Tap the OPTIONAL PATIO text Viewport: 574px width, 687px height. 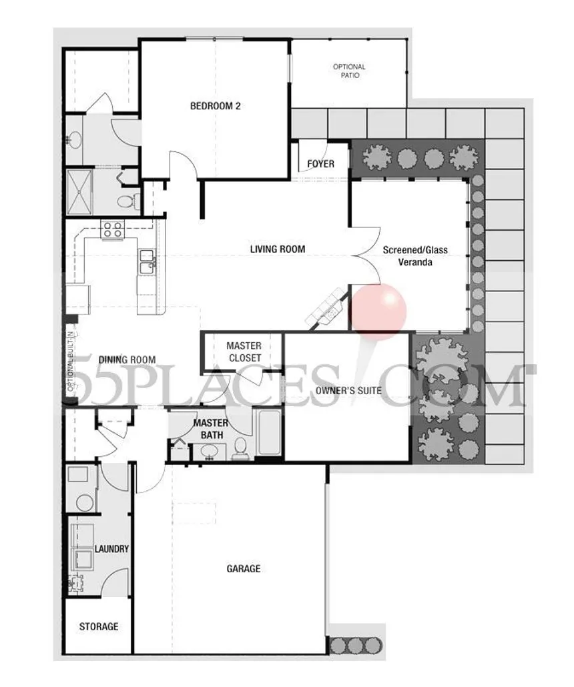point(349,71)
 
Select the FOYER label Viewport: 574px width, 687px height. point(320,164)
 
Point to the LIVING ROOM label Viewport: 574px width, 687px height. point(278,249)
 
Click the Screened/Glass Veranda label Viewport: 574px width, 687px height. point(415,256)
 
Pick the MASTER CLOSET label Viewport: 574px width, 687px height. point(244,352)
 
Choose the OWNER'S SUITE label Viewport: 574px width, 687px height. point(348,390)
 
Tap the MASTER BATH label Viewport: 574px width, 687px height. point(210,430)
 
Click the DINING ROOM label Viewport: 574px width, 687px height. point(127,360)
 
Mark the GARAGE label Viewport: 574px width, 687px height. point(243,569)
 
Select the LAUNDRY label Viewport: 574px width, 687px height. point(111,549)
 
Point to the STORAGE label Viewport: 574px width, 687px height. point(99,626)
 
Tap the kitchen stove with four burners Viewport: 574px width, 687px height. point(111,229)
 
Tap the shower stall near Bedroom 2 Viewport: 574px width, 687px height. point(80,192)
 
